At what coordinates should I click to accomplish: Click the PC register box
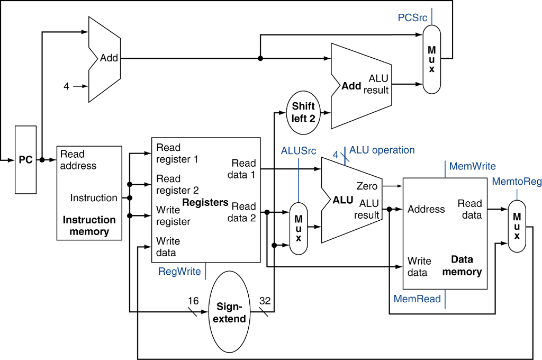click(x=25, y=160)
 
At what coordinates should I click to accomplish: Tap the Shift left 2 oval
click(x=303, y=112)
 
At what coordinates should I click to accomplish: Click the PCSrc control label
click(x=412, y=18)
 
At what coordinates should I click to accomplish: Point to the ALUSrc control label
click(x=299, y=150)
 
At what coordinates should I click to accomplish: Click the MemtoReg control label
click(x=517, y=182)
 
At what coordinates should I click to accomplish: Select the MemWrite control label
click(x=472, y=166)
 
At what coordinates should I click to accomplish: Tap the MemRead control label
click(x=417, y=299)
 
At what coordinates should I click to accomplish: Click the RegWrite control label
click(x=179, y=272)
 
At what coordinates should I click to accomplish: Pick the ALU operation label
click(x=382, y=150)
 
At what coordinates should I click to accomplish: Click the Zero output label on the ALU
click(x=367, y=186)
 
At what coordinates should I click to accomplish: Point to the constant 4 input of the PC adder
click(x=66, y=86)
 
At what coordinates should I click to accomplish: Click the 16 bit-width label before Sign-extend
click(x=193, y=301)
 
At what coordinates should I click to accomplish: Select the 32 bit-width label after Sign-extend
click(x=265, y=301)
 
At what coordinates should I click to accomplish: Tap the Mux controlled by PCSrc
click(x=432, y=59)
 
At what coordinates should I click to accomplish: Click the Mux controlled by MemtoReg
click(x=517, y=226)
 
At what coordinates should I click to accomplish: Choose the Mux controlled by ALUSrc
click(x=299, y=228)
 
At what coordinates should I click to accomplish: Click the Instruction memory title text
click(x=89, y=226)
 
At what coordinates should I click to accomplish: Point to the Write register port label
click(x=173, y=215)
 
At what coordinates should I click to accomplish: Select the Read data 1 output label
click(x=243, y=168)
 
